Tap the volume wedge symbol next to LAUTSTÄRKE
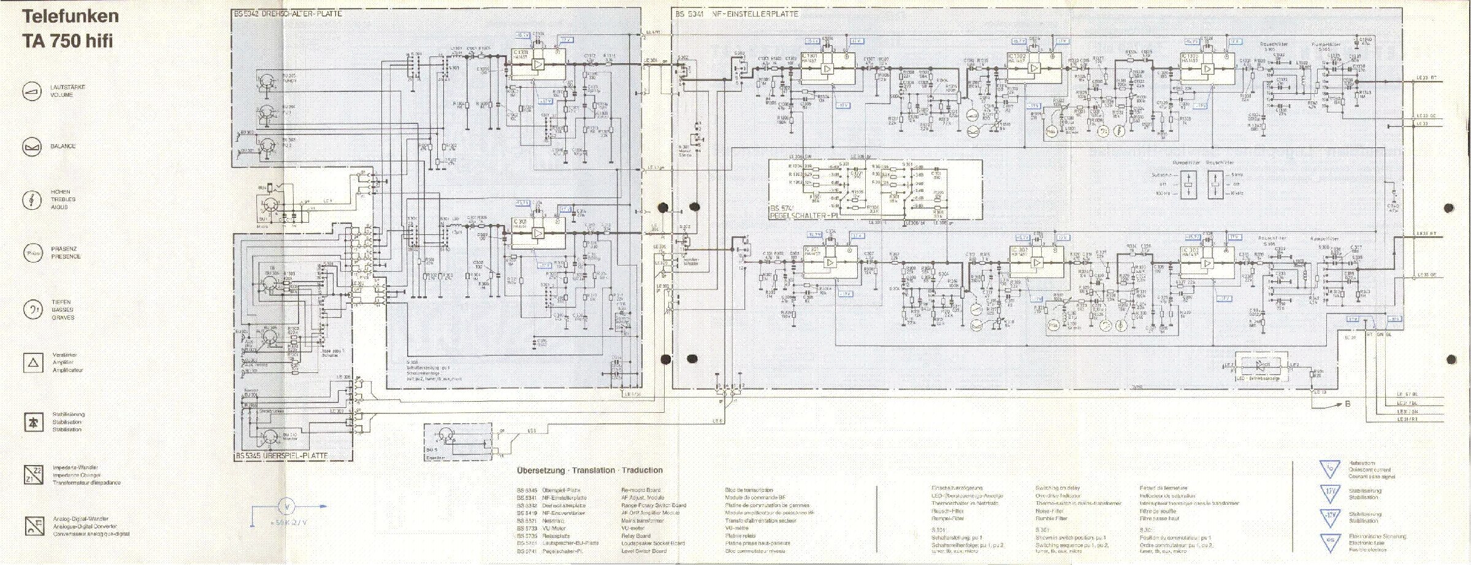click(32, 91)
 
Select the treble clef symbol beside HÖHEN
click(32, 199)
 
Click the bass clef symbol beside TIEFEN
click(32, 310)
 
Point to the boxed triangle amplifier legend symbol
click(33, 363)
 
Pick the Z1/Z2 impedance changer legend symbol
click(33, 474)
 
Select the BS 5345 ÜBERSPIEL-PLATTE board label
click(281, 455)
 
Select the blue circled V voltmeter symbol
click(288, 507)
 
